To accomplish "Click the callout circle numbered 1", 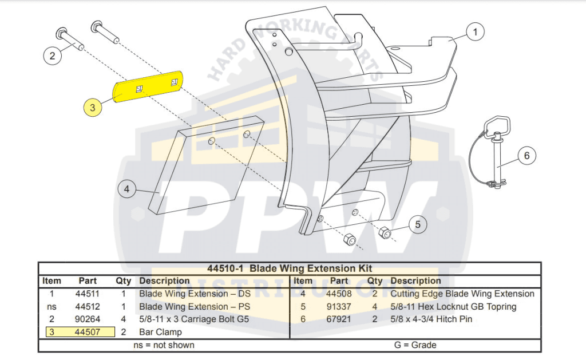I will click(475, 33).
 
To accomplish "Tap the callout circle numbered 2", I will click(53, 56).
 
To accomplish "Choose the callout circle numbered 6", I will click(527, 155).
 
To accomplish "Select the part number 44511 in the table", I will click(88, 294).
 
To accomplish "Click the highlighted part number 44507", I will click(88, 332).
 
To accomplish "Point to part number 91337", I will click(339, 306).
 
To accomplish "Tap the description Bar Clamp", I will click(160, 332).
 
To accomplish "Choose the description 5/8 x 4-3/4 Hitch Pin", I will click(431, 319).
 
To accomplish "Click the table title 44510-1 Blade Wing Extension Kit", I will click(289, 268).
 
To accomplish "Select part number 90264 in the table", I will click(88, 319).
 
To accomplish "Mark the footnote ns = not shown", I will click(164, 345).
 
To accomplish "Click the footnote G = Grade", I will click(415, 345).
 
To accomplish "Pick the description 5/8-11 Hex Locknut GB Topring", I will click(453, 306).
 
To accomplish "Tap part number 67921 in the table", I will click(339, 319).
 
